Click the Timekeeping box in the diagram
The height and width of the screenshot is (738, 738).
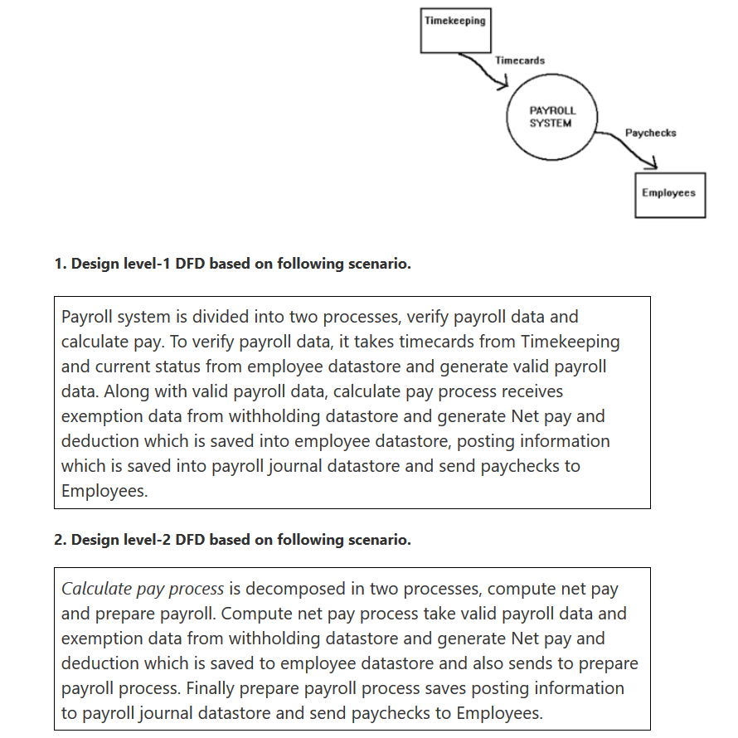(x=454, y=30)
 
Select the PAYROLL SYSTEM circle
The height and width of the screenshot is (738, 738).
(x=552, y=117)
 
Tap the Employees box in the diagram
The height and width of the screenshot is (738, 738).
(x=669, y=194)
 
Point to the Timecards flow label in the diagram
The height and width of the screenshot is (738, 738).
(x=520, y=61)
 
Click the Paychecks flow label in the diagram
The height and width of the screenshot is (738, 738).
(x=650, y=133)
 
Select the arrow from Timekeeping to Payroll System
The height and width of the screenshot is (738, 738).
(x=485, y=70)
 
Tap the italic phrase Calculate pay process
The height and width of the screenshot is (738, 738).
(x=143, y=590)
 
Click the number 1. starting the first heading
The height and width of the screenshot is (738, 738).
(x=60, y=264)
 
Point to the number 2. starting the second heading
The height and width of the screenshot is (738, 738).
(x=60, y=540)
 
